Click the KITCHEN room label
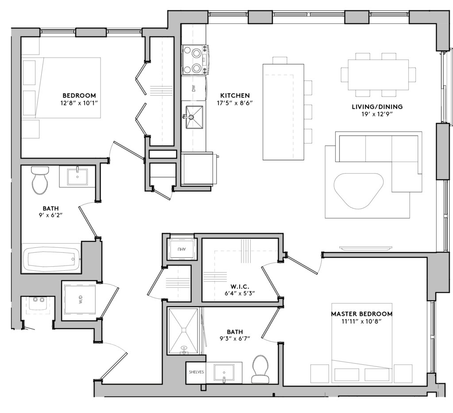click(x=235, y=96)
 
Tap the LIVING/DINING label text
click(x=377, y=107)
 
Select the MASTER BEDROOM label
click(x=362, y=314)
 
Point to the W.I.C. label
click(x=240, y=287)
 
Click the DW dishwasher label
click(x=194, y=88)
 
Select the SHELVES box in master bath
click(x=196, y=372)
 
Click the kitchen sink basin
click(x=194, y=117)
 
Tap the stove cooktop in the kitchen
click(x=194, y=60)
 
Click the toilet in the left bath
click(x=40, y=180)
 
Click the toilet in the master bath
click(x=260, y=370)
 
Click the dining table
click(x=378, y=74)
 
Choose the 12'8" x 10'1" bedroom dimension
click(x=79, y=103)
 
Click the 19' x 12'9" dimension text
click(x=377, y=114)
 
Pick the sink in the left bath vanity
click(x=77, y=176)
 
